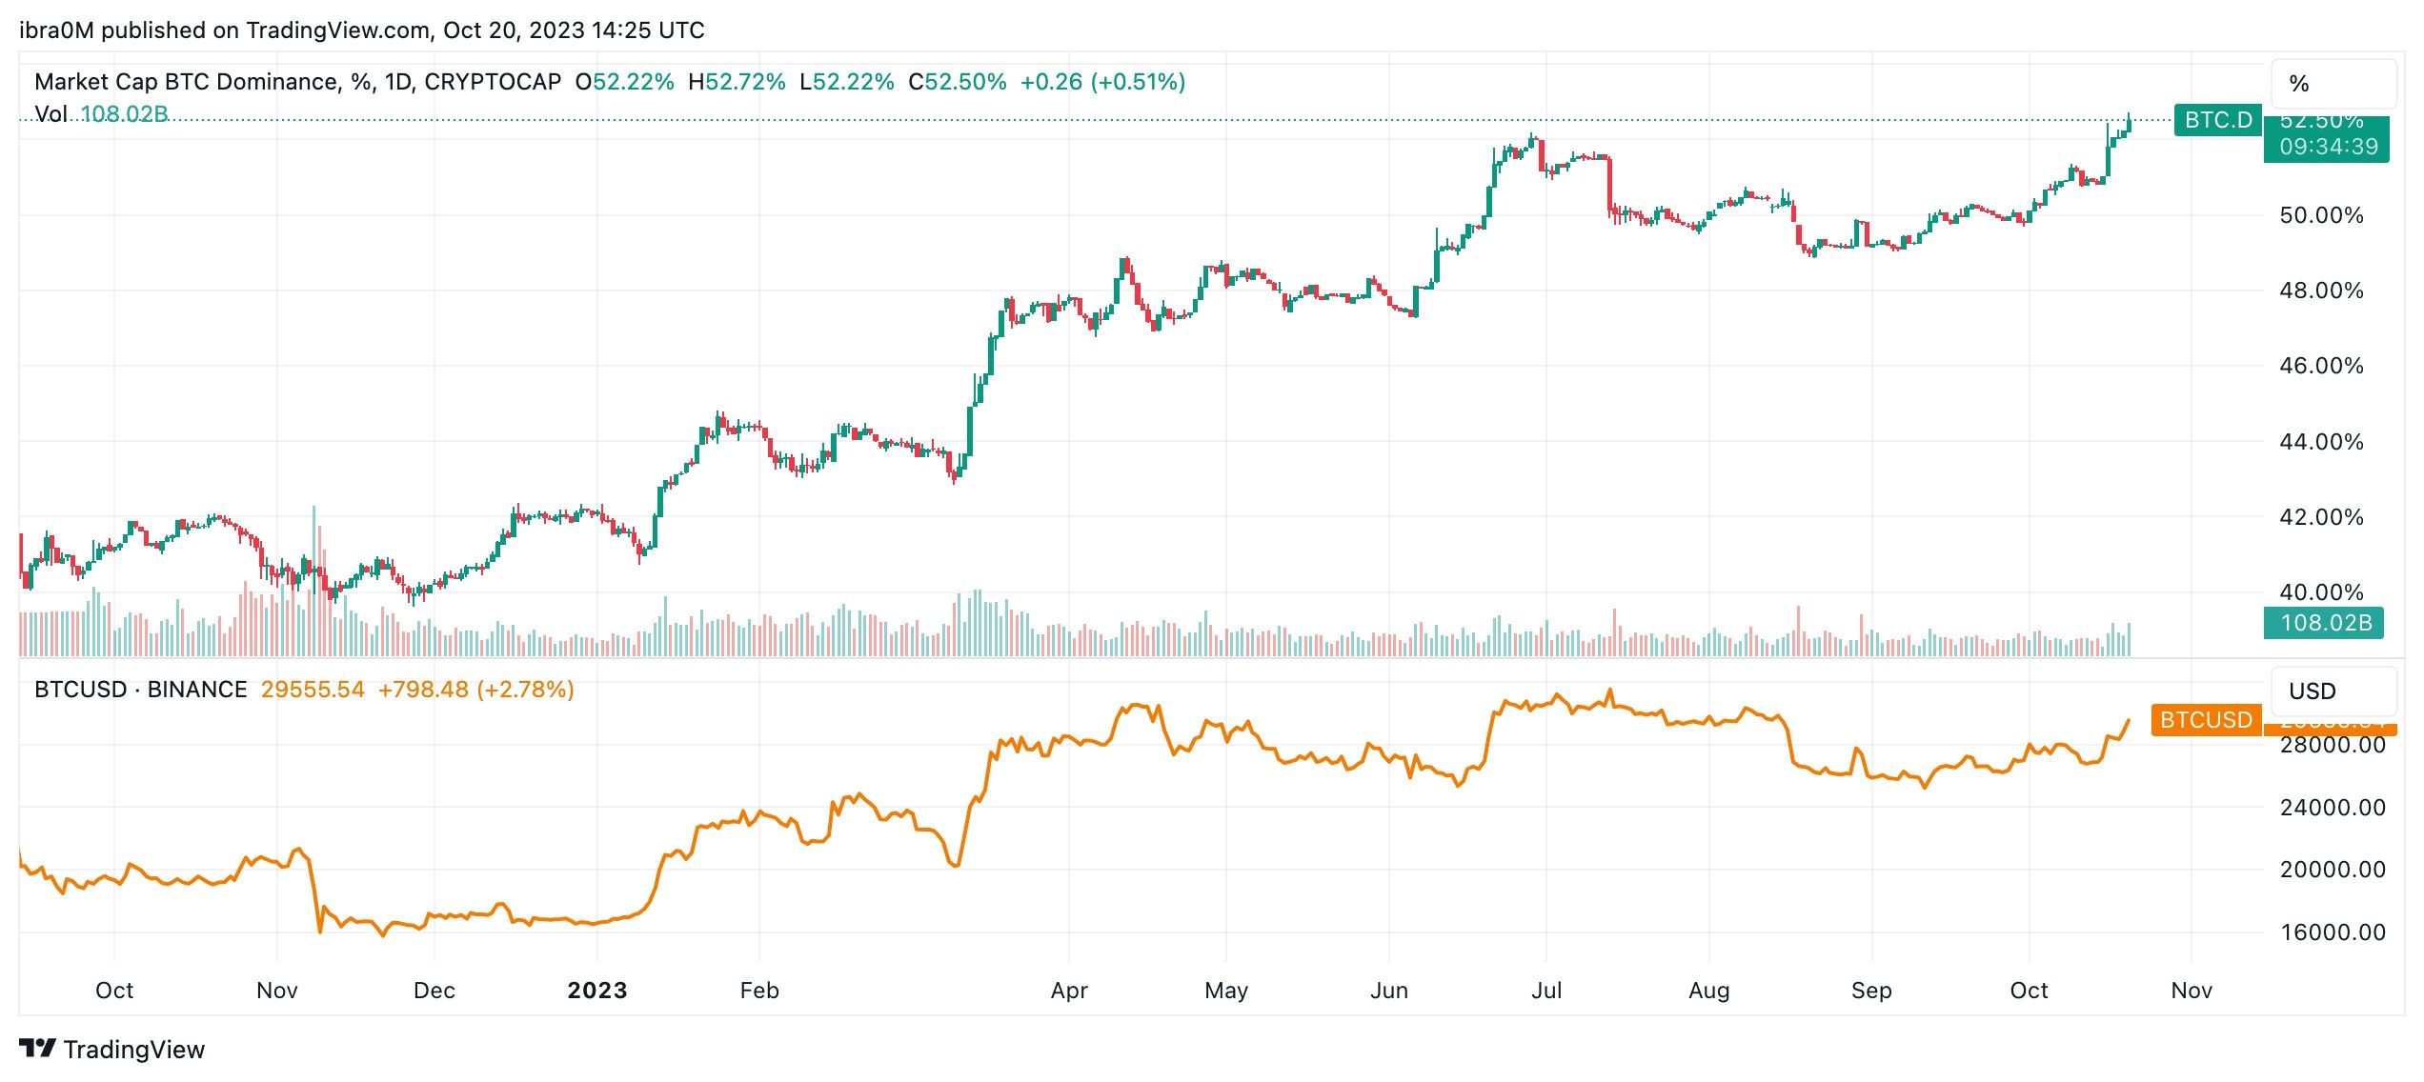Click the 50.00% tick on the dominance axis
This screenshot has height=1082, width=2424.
[x=2320, y=215]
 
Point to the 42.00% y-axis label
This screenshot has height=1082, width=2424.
[x=2320, y=517]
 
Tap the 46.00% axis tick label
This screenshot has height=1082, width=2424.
[x=2320, y=366]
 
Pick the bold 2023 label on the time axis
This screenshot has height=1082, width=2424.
[x=597, y=991]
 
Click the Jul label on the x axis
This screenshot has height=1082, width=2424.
[x=1545, y=991]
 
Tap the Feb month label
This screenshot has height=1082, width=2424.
[x=759, y=991]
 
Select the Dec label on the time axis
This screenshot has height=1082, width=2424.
[x=434, y=991]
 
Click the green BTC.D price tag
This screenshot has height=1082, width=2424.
[x=2217, y=120]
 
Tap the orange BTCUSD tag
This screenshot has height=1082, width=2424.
[x=2205, y=720]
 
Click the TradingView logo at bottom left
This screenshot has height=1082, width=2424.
[x=111, y=1049]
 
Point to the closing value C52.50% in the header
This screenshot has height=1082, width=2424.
[x=957, y=82]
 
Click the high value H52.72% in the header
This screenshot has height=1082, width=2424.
[x=737, y=82]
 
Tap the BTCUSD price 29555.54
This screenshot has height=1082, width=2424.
[x=313, y=690]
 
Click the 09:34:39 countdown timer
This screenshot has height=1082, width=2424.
[x=2328, y=147]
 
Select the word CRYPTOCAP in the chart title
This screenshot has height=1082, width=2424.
[x=493, y=82]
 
